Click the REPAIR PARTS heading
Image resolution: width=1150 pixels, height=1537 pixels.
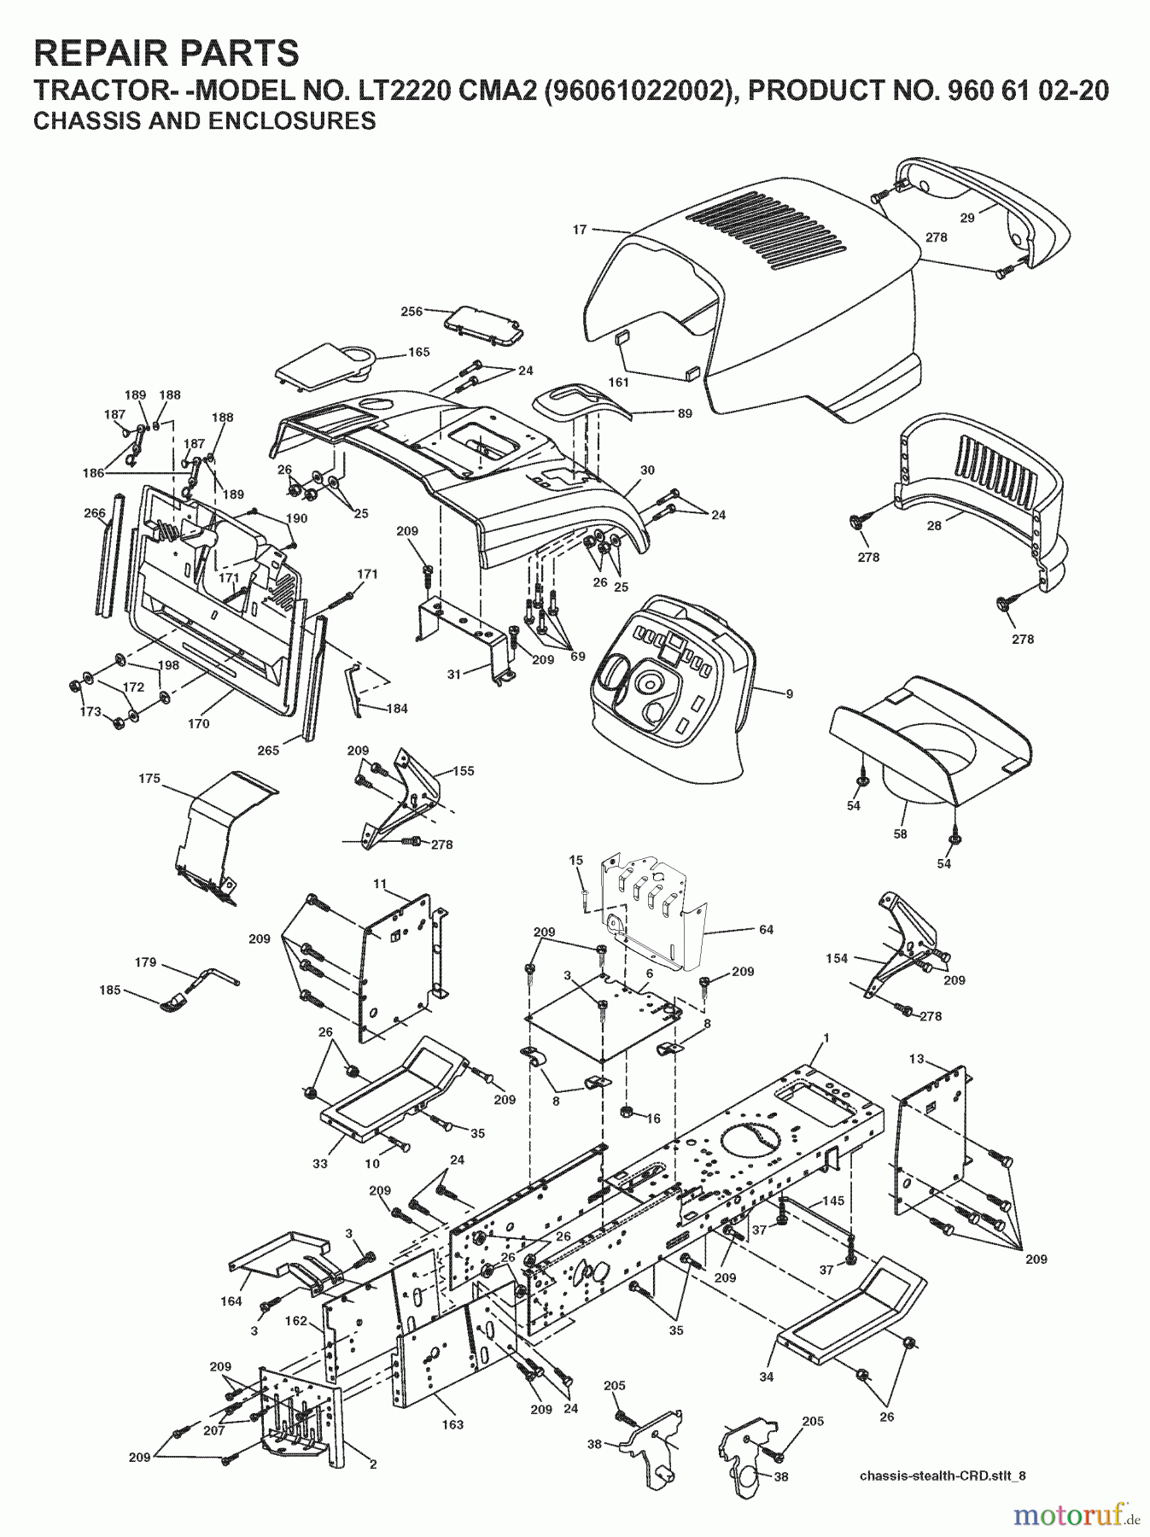tap(166, 53)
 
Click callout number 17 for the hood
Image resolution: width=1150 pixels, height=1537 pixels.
tap(580, 229)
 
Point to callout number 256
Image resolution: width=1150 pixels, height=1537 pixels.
tap(412, 312)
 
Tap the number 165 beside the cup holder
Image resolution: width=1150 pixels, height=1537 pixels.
tap(418, 352)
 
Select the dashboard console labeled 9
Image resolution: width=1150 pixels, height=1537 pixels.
tap(674, 692)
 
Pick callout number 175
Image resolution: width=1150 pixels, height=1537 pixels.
tap(149, 779)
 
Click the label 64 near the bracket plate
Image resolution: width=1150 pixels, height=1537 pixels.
tap(766, 929)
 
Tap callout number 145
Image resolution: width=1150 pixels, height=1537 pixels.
tap(832, 1201)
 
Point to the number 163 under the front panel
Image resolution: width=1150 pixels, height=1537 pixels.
tap(452, 1424)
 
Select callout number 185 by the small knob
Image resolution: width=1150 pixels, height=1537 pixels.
tap(109, 991)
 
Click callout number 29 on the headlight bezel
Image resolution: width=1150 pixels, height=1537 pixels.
tap(966, 218)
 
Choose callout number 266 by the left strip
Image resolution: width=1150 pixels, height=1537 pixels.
tap(94, 513)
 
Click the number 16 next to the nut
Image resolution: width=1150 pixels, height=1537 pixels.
tap(653, 1119)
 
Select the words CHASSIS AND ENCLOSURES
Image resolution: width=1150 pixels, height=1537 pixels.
tap(204, 121)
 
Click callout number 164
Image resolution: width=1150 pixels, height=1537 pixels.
tap(231, 1301)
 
